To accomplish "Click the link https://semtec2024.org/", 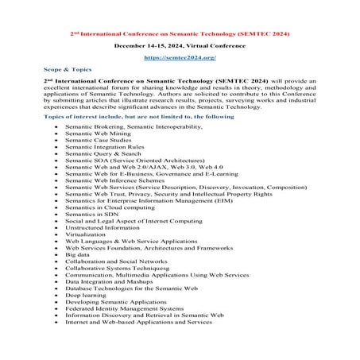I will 180,58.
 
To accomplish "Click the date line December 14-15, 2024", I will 180,46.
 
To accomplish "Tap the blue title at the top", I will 180,34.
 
